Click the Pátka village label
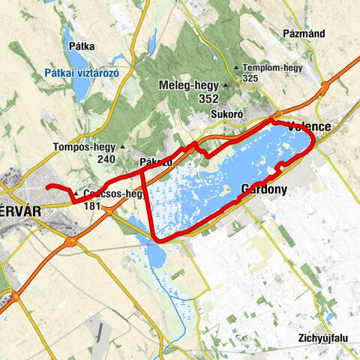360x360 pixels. (x=81, y=46)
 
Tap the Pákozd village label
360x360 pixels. (x=156, y=162)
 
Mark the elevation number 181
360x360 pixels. (x=93, y=205)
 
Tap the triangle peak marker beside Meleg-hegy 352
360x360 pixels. (x=223, y=85)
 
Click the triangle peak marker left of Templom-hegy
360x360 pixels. (x=237, y=68)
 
